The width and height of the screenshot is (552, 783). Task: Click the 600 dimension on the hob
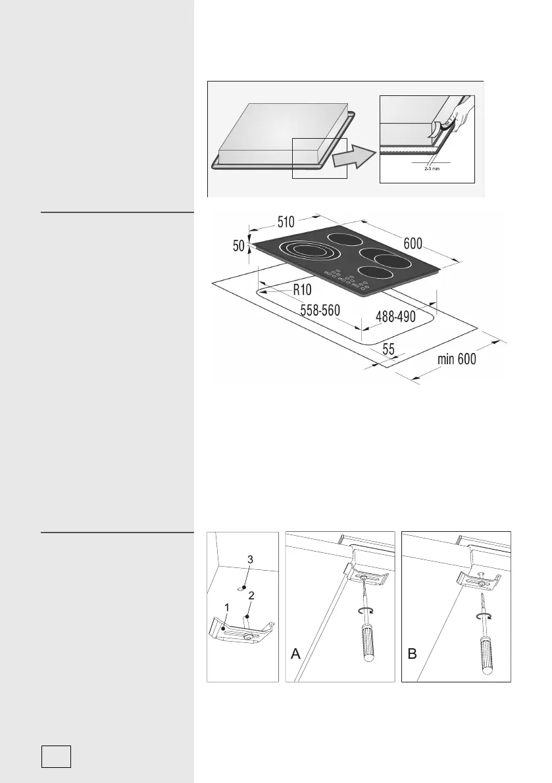tap(413, 243)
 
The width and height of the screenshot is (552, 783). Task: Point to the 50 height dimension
tap(238, 247)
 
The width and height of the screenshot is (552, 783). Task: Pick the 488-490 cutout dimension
tap(395, 316)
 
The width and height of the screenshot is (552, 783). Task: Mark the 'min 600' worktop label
tap(457, 359)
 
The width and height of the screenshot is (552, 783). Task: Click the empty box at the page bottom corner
tap(56, 756)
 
